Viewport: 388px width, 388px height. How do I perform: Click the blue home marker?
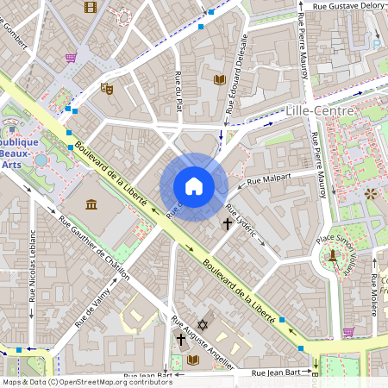(x=194, y=186)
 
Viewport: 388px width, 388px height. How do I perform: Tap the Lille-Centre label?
(x=320, y=111)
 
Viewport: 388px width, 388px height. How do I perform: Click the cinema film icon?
(x=91, y=7)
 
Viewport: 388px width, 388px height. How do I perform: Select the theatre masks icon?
(x=107, y=87)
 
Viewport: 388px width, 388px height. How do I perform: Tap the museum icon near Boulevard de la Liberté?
(x=91, y=203)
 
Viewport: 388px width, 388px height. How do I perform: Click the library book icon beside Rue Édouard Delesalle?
(x=219, y=79)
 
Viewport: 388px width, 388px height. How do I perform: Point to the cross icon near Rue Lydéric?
(x=228, y=224)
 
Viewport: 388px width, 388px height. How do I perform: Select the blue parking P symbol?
(x=376, y=44)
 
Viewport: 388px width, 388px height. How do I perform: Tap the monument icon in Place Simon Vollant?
(x=332, y=255)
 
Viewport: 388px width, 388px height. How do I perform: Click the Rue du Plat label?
(x=179, y=91)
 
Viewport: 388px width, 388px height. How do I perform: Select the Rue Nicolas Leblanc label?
(x=32, y=259)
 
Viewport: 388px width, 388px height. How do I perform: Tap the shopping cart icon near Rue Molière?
(x=347, y=331)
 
